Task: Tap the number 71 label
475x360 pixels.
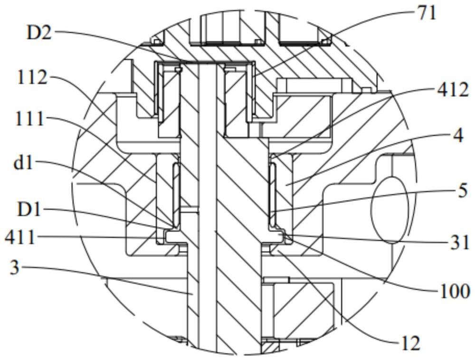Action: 426,13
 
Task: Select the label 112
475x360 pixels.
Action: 32,77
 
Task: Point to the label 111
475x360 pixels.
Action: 30,118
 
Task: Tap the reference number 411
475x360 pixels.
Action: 19,236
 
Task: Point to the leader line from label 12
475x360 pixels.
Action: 332,299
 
